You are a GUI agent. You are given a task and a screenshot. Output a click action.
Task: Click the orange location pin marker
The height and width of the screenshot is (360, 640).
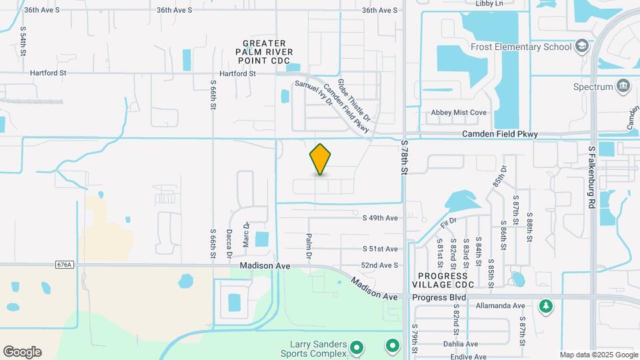[320, 159]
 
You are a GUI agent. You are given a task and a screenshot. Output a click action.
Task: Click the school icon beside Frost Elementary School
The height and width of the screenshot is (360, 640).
[582, 46]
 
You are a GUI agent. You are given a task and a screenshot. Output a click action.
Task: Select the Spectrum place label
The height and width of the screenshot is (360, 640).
[593, 87]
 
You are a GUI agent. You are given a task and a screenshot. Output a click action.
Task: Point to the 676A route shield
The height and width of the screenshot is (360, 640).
[65, 265]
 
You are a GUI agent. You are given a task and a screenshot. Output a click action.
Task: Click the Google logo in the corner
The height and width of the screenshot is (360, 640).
[22, 352]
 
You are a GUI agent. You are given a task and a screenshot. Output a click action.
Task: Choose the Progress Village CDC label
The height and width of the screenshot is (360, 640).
[446, 280]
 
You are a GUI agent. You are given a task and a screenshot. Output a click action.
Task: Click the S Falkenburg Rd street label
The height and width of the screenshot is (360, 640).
[591, 178]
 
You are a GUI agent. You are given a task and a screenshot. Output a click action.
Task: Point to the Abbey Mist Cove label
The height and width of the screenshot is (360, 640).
[459, 113]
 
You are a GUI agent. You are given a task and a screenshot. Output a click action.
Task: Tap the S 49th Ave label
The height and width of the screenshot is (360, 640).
[380, 218]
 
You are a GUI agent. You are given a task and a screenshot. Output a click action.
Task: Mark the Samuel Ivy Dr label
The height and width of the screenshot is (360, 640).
[313, 94]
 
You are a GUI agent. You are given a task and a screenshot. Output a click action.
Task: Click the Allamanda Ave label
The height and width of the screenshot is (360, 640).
[501, 305]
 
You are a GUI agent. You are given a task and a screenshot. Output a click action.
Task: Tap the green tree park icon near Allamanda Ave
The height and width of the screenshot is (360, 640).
[546, 305]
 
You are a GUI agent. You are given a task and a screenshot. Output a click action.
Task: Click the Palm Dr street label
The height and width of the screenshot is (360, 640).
[309, 247]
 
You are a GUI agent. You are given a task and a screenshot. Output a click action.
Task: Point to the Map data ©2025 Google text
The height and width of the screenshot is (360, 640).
[599, 355]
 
